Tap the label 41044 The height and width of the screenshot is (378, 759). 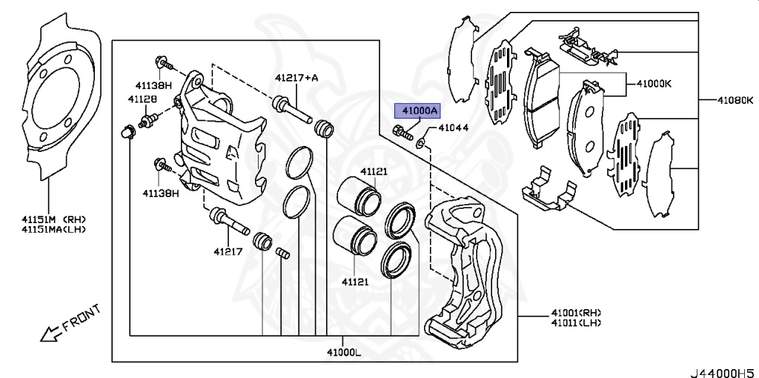453,128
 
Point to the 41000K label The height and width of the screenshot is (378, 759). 653,84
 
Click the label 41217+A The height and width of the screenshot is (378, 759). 296,77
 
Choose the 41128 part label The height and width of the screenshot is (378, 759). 142,99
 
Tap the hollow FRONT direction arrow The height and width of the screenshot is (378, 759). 50,334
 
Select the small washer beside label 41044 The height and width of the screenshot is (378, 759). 421,141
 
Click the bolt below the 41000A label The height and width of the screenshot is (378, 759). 402,133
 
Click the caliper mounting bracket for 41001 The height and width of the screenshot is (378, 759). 467,274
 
